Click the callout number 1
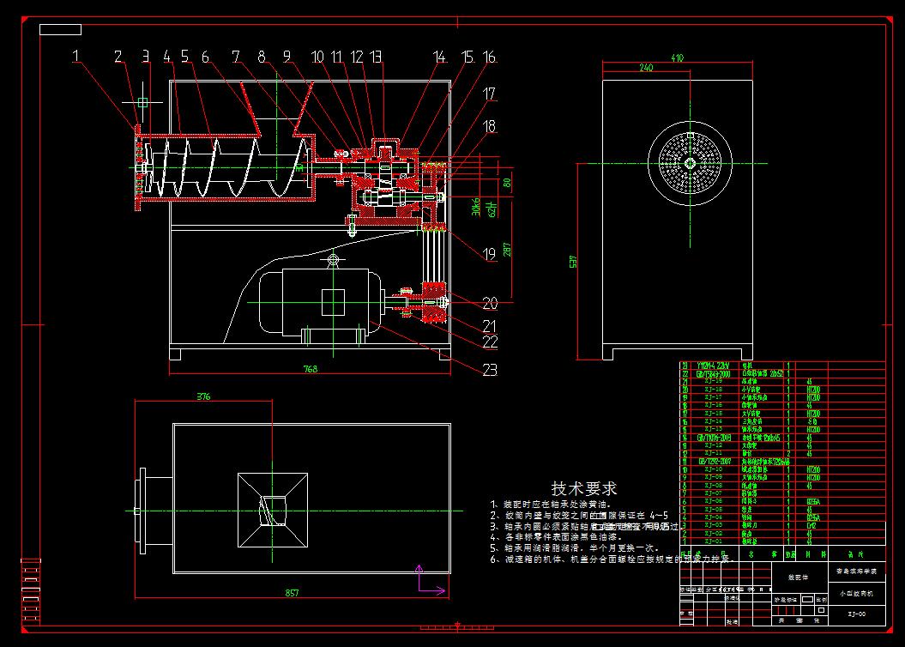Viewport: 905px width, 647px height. pos(77,57)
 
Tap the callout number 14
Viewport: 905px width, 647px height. pos(440,57)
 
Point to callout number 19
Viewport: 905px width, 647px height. pos(490,255)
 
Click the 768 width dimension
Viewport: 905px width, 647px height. pos(310,369)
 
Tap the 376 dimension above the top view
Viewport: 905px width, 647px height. pos(203,397)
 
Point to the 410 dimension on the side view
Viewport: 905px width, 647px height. pos(678,58)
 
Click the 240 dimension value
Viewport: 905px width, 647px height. pos(647,67)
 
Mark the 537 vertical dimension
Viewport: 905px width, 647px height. pos(574,260)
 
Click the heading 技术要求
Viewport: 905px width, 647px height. pos(583,489)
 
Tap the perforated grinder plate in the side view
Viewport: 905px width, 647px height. pos(691,163)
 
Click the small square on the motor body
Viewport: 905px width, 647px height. pos(333,301)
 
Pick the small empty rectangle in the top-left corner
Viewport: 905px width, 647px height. pos(60,30)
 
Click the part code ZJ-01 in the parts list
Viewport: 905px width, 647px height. pos(713,541)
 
